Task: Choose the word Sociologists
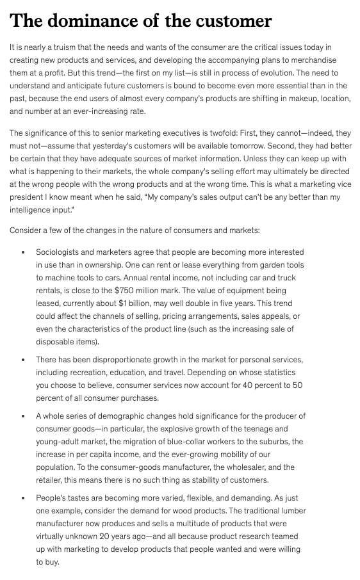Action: click(61, 252)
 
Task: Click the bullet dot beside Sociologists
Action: click(24, 253)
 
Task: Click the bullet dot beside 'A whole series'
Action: click(24, 417)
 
